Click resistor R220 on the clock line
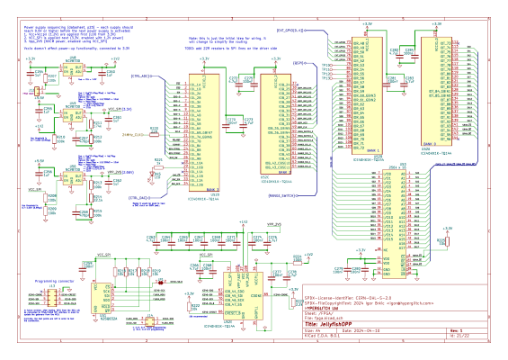[154, 131]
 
